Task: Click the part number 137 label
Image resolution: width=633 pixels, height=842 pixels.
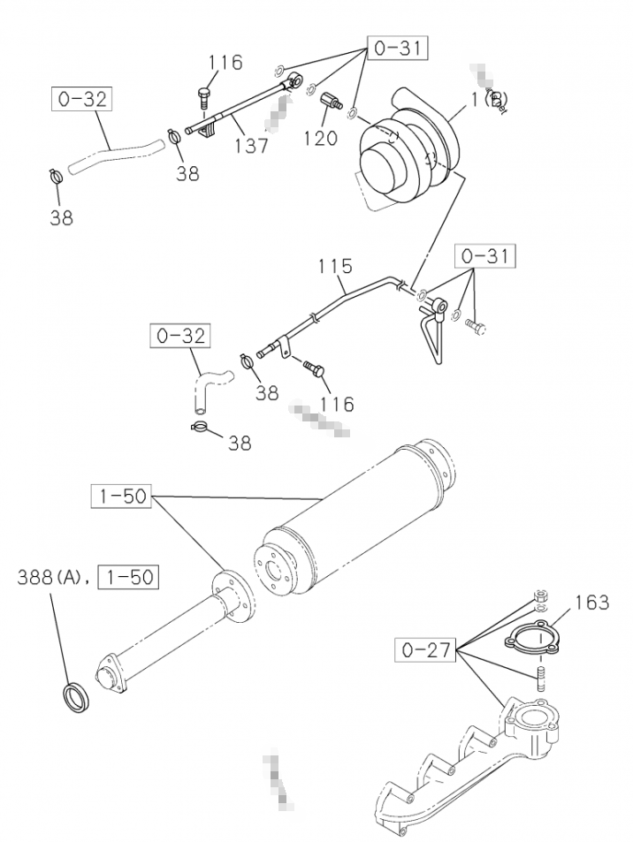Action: [253, 144]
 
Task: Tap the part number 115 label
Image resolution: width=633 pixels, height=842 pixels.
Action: [336, 266]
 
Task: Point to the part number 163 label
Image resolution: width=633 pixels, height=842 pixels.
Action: [591, 603]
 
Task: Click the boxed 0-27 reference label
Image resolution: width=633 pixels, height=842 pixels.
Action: [425, 652]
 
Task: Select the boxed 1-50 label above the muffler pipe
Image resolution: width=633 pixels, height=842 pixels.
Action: [123, 496]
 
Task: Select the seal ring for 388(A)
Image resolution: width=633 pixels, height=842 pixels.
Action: [75, 695]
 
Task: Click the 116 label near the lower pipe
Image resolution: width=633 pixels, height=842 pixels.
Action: [337, 405]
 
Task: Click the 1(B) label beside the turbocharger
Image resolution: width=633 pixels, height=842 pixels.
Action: [486, 100]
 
